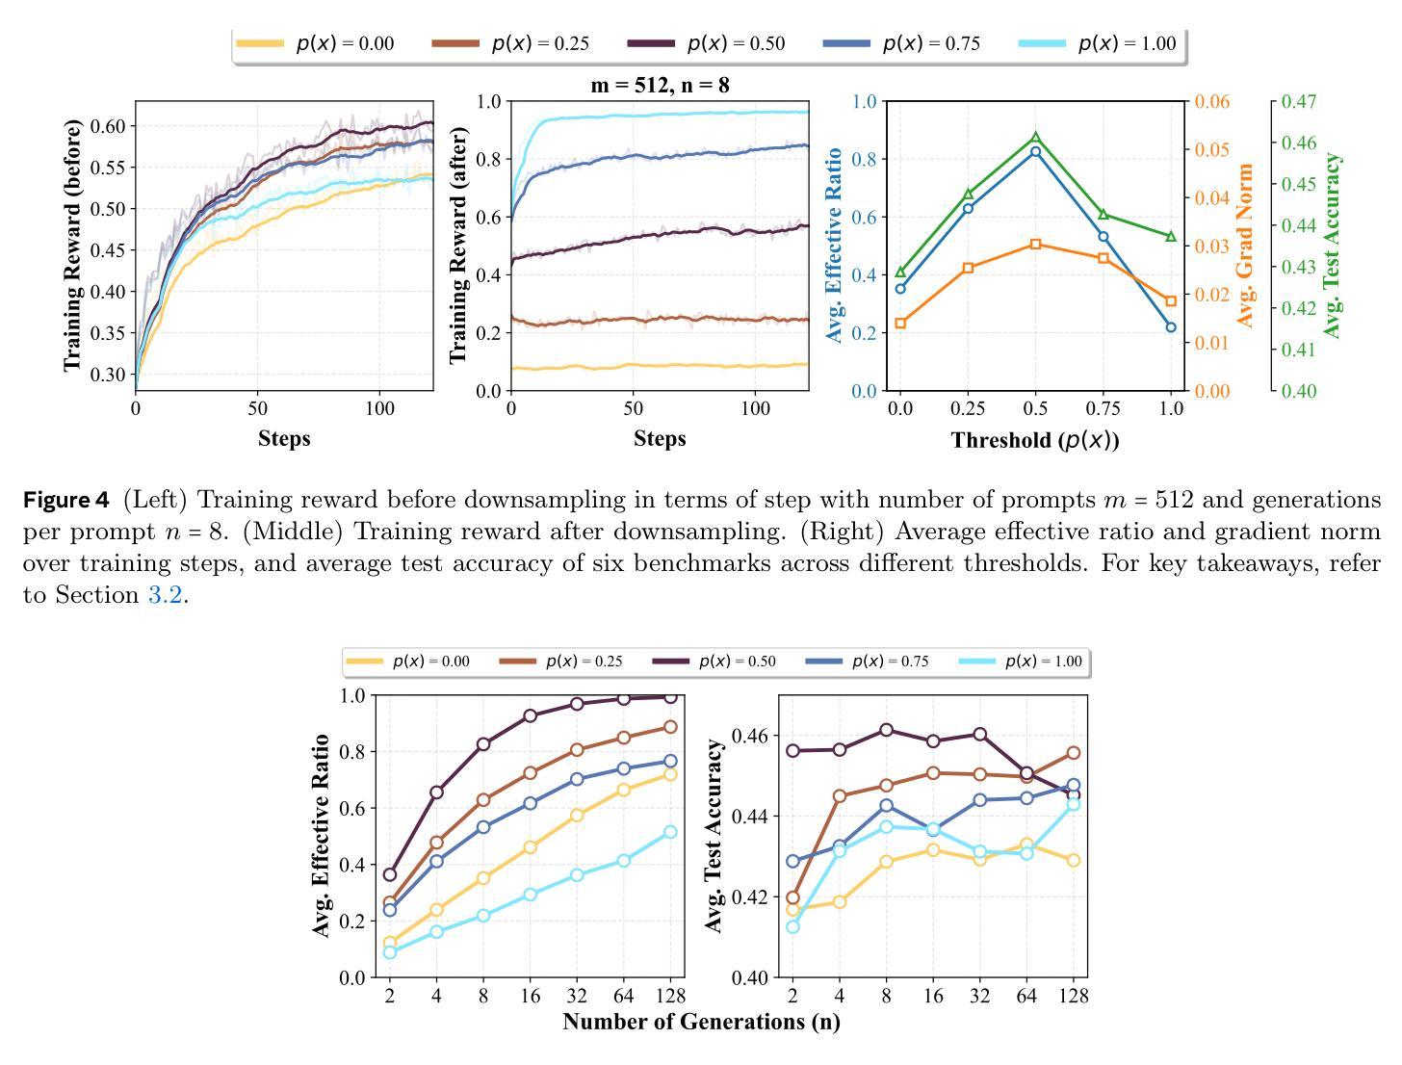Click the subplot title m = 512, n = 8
coord(660,85)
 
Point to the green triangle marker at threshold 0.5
coord(1036,138)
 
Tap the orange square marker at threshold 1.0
coord(1171,301)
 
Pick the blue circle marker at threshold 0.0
coord(900,288)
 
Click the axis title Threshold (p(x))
coord(1035,440)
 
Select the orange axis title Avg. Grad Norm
coord(1246,245)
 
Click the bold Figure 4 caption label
coord(66,500)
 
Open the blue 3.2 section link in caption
coord(165,595)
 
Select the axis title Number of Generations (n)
coord(701,1022)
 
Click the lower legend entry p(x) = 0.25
coord(584,662)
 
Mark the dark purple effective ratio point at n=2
coord(390,874)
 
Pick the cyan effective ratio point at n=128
coord(670,832)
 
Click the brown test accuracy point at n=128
coord(1073,753)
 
